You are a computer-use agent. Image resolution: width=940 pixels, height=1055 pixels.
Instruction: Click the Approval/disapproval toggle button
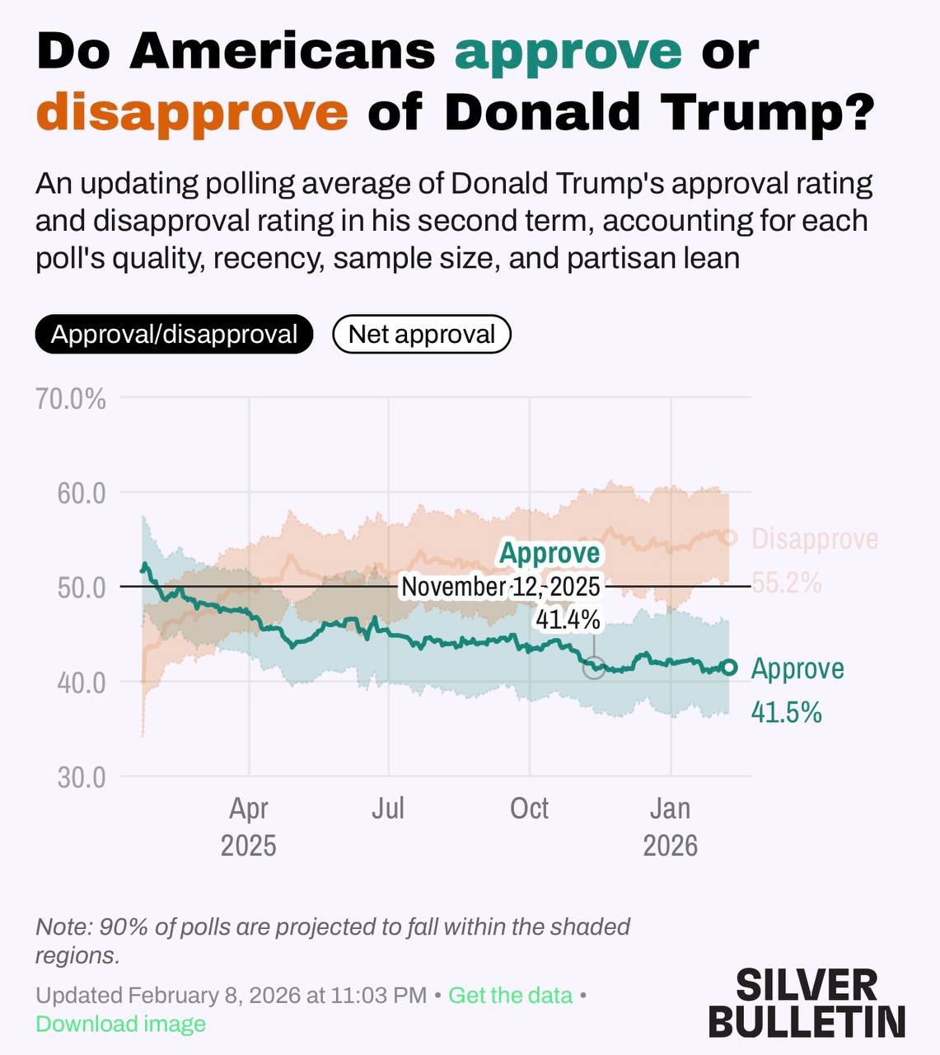(174, 334)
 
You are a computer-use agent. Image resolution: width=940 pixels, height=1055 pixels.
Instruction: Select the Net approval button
(421, 334)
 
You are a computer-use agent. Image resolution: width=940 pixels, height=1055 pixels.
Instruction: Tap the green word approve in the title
(568, 51)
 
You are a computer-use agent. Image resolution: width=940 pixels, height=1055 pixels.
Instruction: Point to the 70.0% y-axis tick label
(72, 400)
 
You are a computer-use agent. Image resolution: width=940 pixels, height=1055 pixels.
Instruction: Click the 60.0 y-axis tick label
(82, 494)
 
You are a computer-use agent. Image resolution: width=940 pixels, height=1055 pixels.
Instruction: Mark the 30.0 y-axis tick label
(82, 777)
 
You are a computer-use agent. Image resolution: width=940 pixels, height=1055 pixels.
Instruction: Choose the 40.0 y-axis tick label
(82, 683)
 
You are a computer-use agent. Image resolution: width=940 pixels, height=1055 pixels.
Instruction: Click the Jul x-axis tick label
(388, 809)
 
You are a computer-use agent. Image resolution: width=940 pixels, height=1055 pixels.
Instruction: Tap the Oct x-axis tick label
(529, 809)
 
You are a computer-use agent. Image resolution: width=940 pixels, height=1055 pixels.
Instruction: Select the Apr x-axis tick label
(249, 809)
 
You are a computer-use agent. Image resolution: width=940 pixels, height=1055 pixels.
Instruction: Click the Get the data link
(510, 995)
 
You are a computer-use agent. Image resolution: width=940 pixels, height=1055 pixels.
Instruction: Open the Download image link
(120, 1024)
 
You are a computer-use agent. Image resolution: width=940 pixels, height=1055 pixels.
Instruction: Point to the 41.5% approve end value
(786, 712)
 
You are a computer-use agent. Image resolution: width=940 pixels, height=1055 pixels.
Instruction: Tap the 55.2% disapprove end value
(786, 583)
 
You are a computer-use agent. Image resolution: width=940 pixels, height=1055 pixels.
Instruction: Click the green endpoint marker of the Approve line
(729, 667)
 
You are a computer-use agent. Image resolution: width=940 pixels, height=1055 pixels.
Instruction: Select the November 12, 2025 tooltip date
(501, 587)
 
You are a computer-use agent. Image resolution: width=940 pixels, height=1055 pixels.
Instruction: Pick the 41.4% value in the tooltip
(568, 619)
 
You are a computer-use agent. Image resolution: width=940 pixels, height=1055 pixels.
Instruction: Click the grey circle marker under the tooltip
(594, 668)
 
